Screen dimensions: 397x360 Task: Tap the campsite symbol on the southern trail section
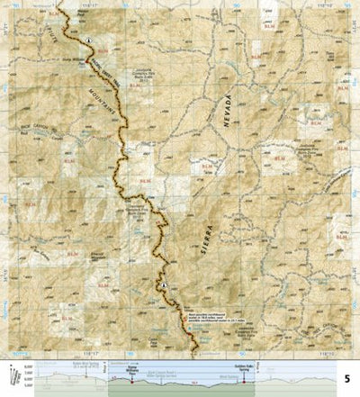click(165, 285)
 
